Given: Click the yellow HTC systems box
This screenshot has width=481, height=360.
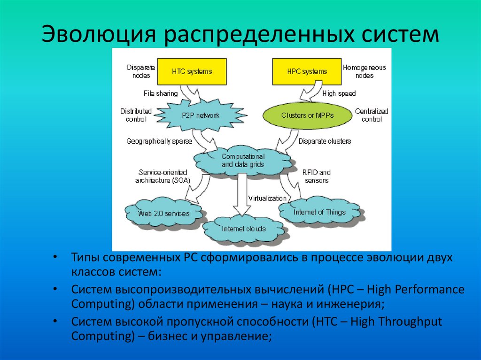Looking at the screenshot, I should point(192,72).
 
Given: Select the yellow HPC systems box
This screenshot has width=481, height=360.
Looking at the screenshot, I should point(307,72).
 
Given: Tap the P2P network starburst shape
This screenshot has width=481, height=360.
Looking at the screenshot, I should point(201,115).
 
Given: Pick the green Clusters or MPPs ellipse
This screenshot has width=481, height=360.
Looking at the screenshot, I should point(307,115).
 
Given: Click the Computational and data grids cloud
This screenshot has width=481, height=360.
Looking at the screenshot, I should point(243,160).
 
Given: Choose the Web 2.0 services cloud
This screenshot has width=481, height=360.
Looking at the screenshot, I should point(164,214).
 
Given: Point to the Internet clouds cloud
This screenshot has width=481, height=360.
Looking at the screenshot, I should point(244,229).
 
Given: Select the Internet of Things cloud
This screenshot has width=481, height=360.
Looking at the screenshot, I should point(319,212).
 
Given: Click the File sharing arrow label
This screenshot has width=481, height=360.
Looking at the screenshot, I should point(161,93).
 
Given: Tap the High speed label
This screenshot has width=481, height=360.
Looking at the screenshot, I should point(339,93).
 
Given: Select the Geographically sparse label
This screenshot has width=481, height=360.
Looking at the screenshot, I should point(155,141).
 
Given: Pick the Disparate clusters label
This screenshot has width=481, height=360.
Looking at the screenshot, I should point(325,141).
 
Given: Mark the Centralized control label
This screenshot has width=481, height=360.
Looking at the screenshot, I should point(372,115).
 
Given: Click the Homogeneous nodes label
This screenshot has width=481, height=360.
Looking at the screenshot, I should point(365,71).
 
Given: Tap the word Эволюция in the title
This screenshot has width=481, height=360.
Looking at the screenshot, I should point(99,35).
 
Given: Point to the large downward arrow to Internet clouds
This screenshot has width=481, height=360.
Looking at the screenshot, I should point(243,192).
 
